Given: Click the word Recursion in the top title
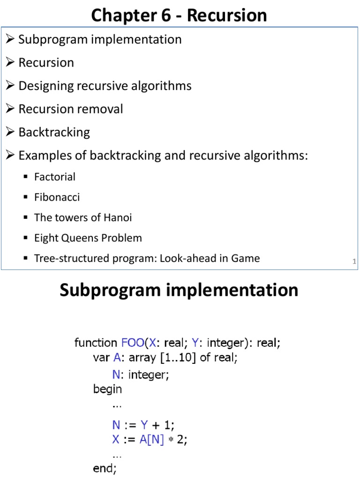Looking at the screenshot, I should click(227, 15).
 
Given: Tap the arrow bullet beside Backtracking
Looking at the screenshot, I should click(11, 132).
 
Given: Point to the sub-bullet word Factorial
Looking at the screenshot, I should click(55, 177).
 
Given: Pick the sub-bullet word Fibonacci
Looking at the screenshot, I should click(57, 197).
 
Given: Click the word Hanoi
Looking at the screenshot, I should click(118, 217).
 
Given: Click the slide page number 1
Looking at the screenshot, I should click(354, 262).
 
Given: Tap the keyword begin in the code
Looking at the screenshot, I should click(107, 389).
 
